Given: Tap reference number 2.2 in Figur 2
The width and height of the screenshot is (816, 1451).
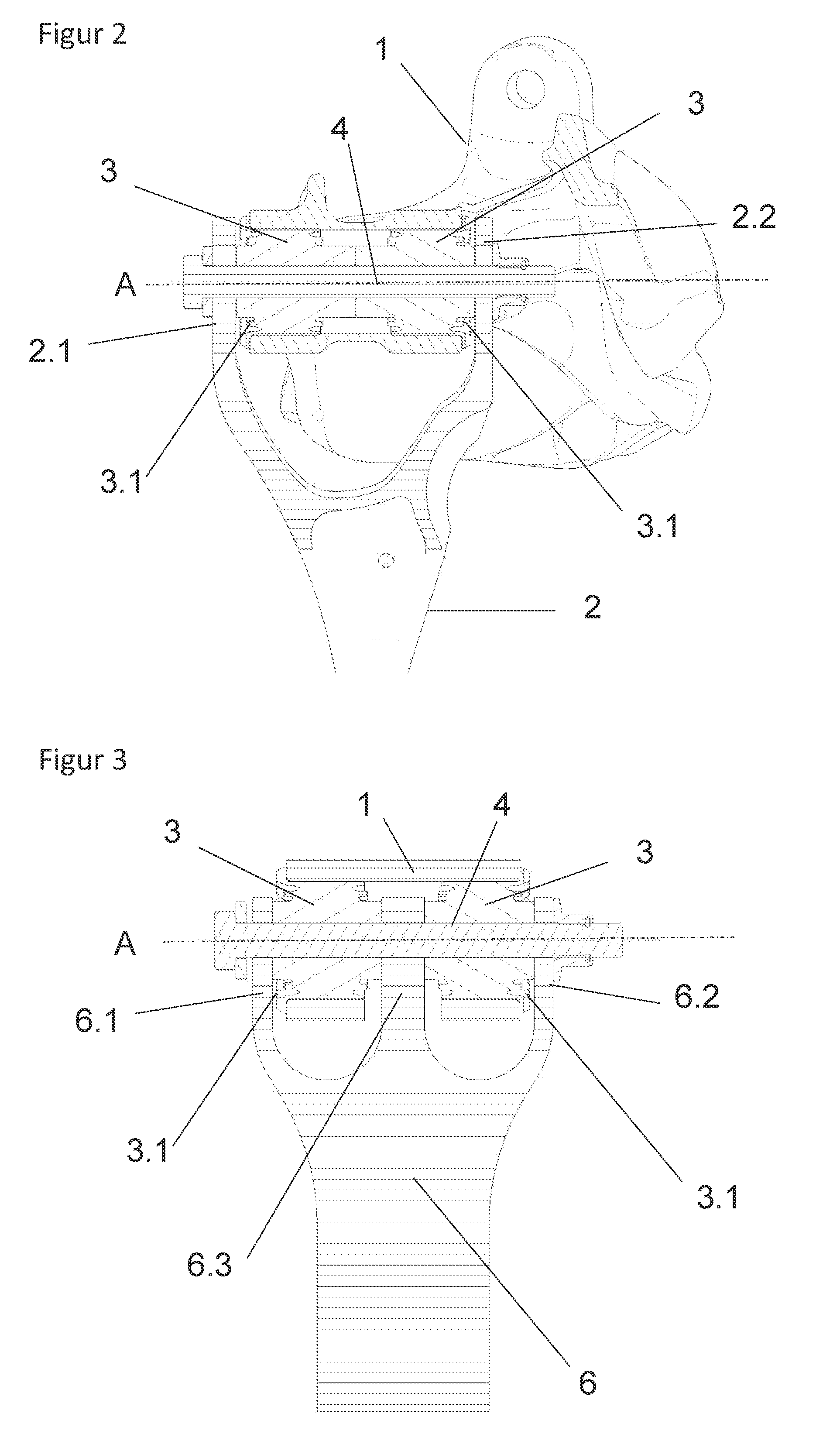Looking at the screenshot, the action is click(754, 217).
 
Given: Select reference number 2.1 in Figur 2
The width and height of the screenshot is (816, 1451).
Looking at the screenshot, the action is click(50, 350).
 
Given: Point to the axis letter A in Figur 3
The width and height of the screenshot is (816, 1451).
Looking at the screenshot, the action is click(125, 943).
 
